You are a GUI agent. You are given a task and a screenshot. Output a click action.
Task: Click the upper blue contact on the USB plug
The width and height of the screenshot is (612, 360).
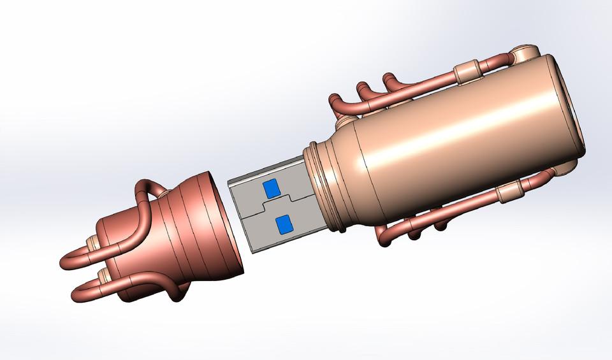pyautogui.click(x=271, y=188)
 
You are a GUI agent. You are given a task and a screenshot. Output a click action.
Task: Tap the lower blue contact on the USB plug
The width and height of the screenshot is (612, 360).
pyautogui.click(x=283, y=224)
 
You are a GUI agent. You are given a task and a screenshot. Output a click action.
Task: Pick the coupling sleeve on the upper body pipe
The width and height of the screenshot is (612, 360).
pyautogui.click(x=469, y=71)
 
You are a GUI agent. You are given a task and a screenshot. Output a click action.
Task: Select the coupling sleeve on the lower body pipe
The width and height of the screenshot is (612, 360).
pyautogui.click(x=510, y=191)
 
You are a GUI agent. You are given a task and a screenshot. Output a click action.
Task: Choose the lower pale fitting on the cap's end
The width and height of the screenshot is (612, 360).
pyautogui.click(x=102, y=275)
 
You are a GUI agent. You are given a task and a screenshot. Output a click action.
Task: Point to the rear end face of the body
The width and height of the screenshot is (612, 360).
pyautogui.click(x=567, y=108)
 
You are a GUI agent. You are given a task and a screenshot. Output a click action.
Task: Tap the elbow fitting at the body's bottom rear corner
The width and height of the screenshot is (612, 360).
pyautogui.click(x=561, y=167)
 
